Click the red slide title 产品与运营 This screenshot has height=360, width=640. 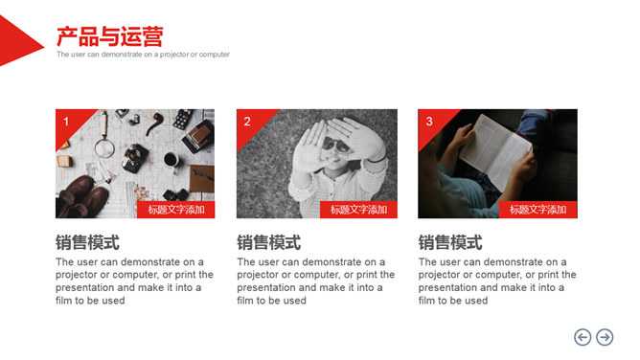click(x=110, y=36)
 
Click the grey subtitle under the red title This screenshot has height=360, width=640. click(x=144, y=55)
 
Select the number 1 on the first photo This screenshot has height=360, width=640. click(x=66, y=121)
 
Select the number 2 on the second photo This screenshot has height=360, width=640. click(x=247, y=121)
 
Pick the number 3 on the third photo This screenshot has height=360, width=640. click(x=429, y=121)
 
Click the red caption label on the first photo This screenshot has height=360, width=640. click(x=176, y=210)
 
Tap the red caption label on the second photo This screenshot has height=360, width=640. click(x=358, y=210)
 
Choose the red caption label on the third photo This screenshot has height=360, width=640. click(x=537, y=210)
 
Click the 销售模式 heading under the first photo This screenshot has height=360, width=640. click(x=88, y=242)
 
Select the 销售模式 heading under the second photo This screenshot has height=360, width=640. click(x=269, y=242)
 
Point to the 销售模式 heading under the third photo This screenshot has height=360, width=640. click(x=450, y=242)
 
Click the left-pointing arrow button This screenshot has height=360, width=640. click(x=583, y=337)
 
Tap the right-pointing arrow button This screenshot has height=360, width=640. click(x=605, y=337)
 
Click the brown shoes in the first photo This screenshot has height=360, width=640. click(x=82, y=196)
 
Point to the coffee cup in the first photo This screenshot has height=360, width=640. click(x=171, y=159)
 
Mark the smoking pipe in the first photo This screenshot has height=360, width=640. click(x=154, y=123)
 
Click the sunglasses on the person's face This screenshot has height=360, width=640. click(x=335, y=145)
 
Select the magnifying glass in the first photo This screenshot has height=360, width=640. click(x=104, y=141)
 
